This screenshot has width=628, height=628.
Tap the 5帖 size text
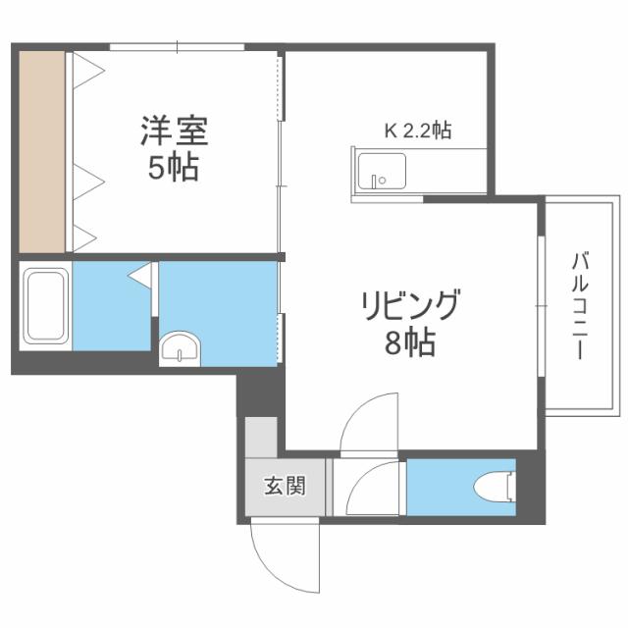click(174, 169)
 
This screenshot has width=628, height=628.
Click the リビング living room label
click(408, 307)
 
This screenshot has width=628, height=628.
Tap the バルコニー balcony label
click(580, 305)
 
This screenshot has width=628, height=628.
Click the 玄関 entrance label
click(283, 486)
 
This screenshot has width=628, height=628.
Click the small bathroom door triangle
click(140, 275)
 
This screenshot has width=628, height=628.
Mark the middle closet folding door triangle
click(86, 180)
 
